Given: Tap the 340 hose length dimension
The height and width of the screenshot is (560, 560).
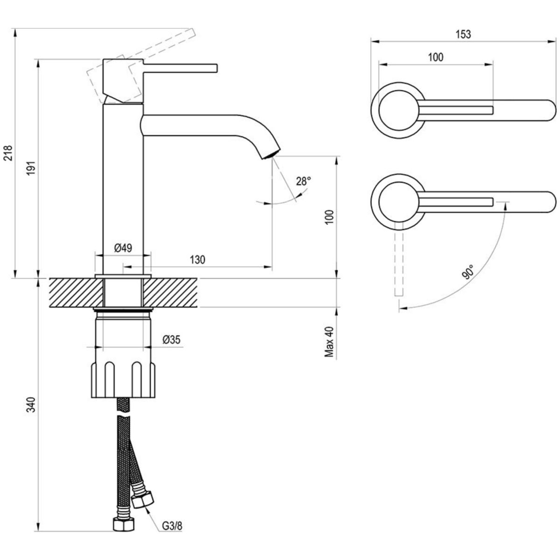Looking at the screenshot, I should [x=30, y=405].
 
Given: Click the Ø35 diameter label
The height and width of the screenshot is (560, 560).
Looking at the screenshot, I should [x=171, y=340].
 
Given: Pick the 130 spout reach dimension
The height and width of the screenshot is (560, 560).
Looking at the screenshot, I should [x=197, y=259].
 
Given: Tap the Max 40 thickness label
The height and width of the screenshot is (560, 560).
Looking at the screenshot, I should [x=330, y=342].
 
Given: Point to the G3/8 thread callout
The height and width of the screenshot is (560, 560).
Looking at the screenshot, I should [x=172, y=527].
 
